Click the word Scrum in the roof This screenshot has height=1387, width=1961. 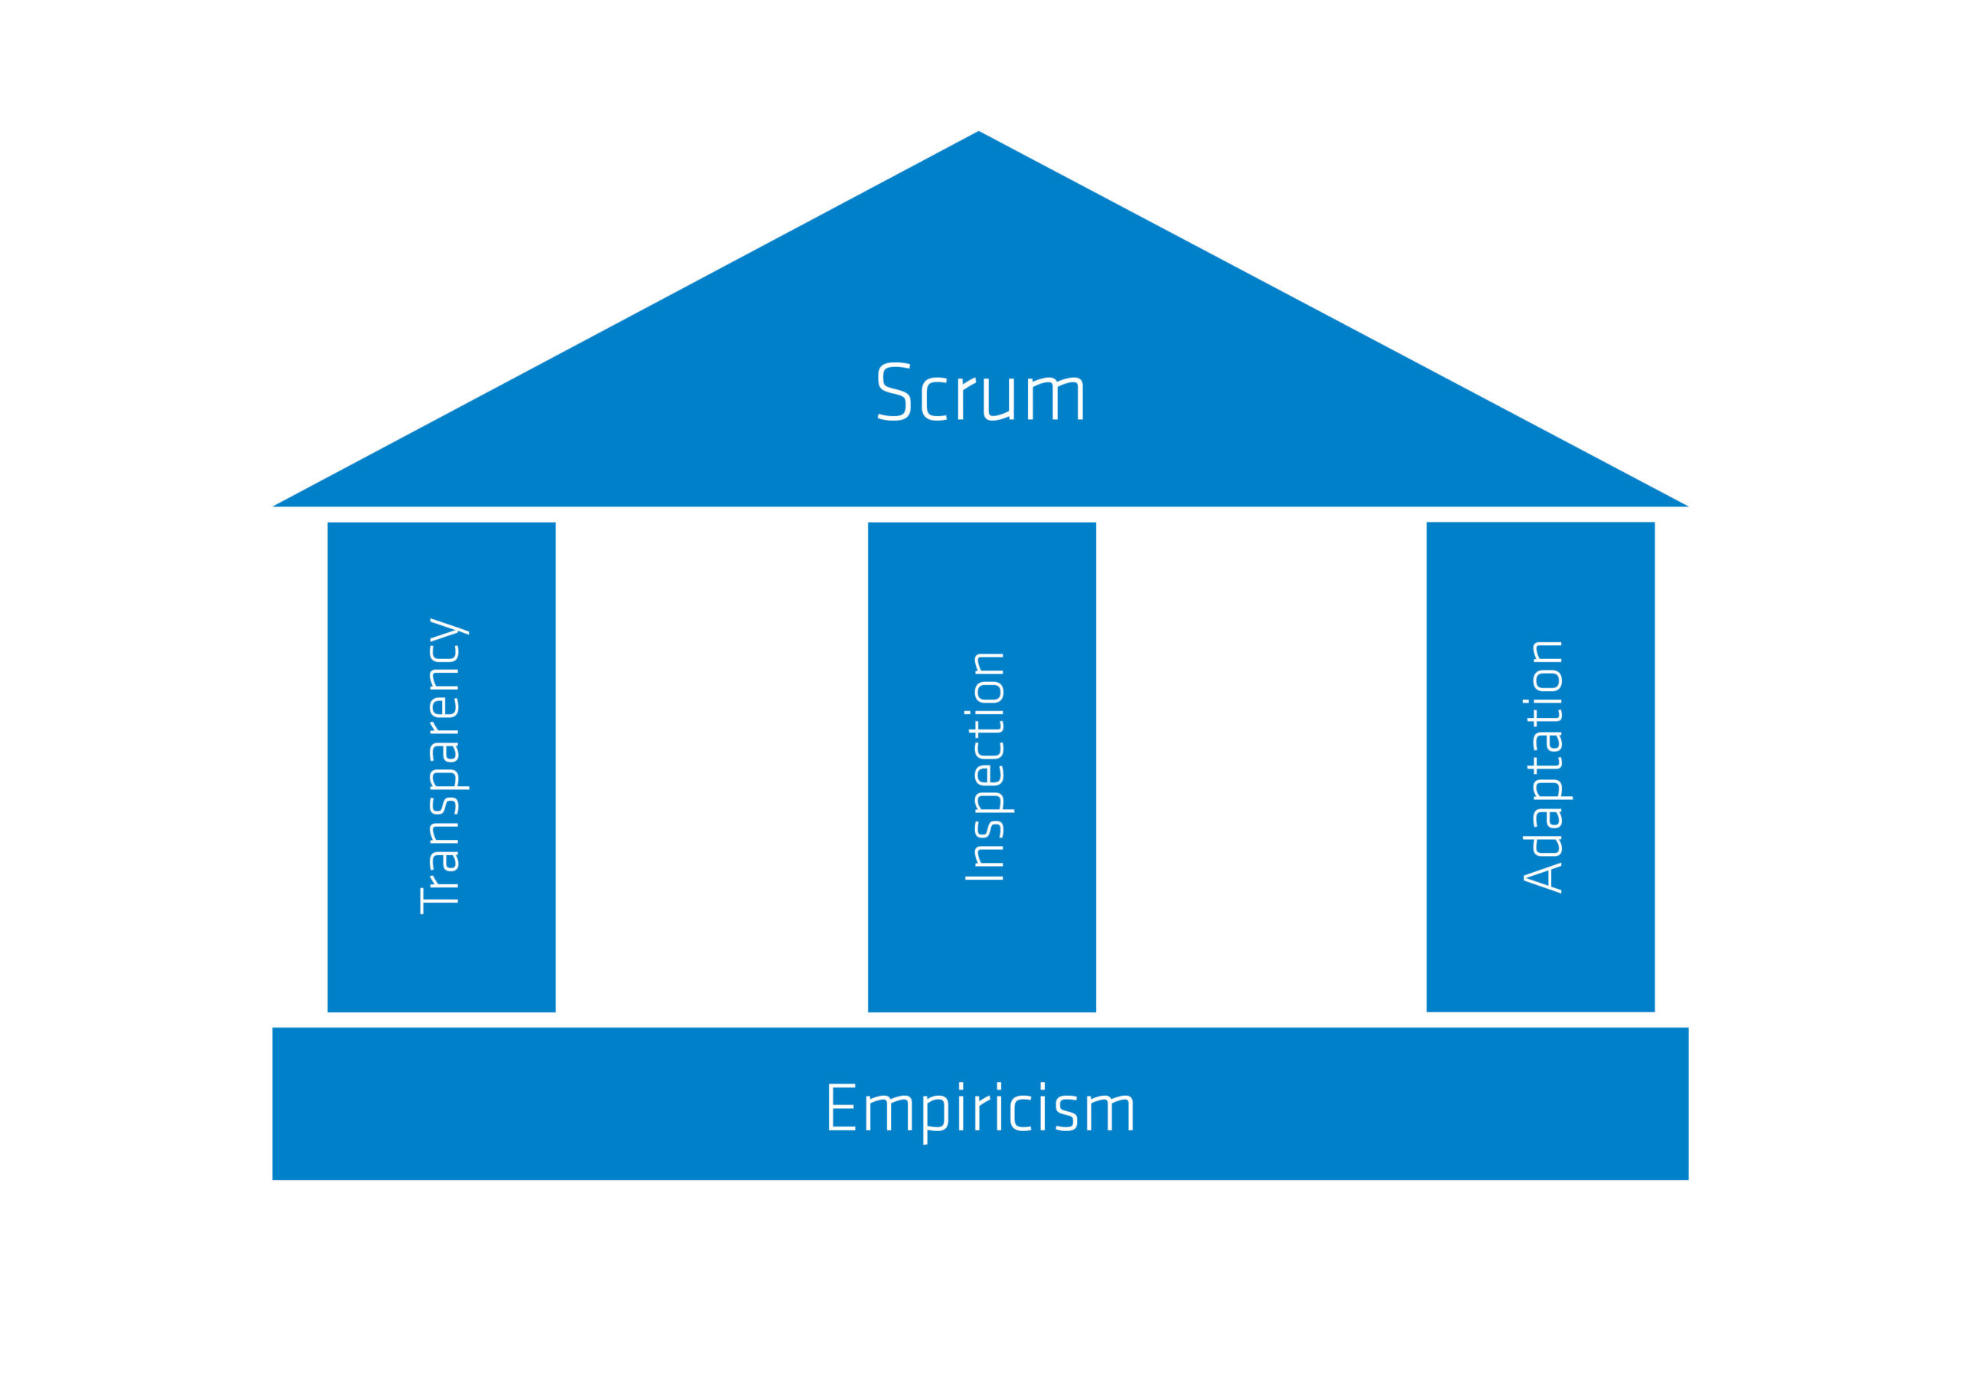point(980,392)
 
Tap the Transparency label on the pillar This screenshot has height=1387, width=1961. point(444,766)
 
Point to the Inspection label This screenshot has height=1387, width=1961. point(989,766)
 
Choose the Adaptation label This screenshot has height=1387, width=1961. point(1547,766)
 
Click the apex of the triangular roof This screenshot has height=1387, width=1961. point(979,131)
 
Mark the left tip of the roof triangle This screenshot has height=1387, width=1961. point(273,506)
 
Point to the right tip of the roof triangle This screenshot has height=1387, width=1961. point(1688,506)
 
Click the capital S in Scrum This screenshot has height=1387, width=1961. point(894,392)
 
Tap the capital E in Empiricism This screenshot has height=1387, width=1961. point(841,1107)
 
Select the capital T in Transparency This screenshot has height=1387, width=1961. point(439,898)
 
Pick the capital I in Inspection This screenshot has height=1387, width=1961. point(984,877)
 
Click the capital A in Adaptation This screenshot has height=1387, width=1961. point(1543,878)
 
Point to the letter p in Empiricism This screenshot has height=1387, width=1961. point(936,1119)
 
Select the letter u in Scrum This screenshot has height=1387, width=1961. point(998,399)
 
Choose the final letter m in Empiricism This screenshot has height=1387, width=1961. point(1110,1113)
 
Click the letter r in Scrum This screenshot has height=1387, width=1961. point(966,399)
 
